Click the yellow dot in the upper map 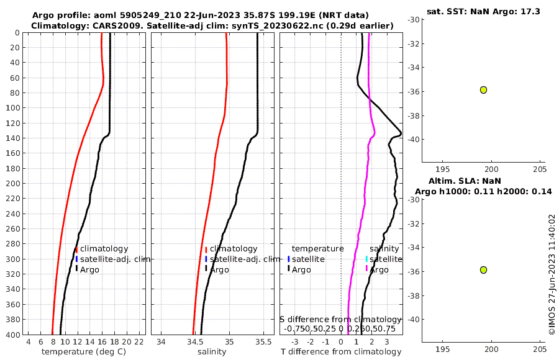[x=483, y=90]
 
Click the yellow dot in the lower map [x=483, y=270]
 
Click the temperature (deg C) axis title [x=83, y=352]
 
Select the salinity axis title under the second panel [x=212, y=352]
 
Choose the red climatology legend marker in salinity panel [x=206, y=249]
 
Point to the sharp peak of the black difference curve [x=401, y=133]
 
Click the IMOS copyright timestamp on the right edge [x=552, y=274]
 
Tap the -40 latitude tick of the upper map [x=413, y=140]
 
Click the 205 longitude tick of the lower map [x=539, y=350]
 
